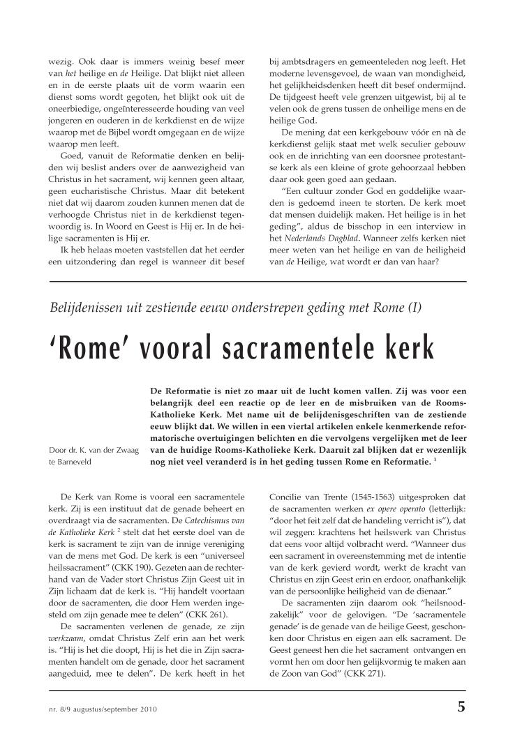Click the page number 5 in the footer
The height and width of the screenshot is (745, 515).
pyautogui.click(x=461, y=706)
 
